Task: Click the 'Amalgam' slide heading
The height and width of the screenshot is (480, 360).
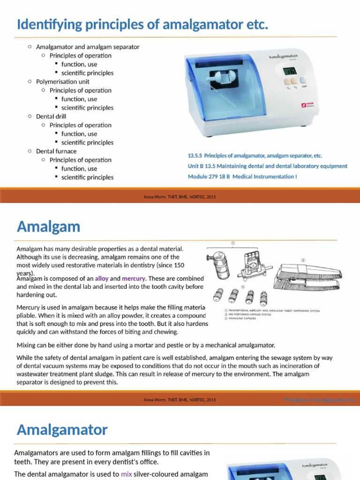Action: (x=48, y=227)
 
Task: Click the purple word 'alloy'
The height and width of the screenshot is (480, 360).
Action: (x=101, y=278)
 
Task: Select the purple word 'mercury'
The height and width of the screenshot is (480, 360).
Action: (x=134, y=278)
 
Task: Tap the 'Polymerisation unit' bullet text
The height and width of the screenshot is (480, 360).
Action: (x=62, y=82)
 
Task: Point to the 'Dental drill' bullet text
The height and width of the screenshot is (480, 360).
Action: (x=51, y=116)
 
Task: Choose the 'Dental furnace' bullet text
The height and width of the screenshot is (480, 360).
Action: (x=56, y=151)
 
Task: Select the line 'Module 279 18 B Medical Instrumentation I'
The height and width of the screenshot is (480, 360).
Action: (x=242, y=176)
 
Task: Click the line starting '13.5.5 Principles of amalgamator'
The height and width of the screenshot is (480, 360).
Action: (x=255, y=156)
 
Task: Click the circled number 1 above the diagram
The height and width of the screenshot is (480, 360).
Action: (x=232, y=243)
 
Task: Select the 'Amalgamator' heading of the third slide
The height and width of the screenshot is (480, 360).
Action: (x=62, y=429)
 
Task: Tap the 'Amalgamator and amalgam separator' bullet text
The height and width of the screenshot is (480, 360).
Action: (x=88, y=47)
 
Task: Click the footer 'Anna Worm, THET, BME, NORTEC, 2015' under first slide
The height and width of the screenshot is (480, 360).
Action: (x=180, y=197)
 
